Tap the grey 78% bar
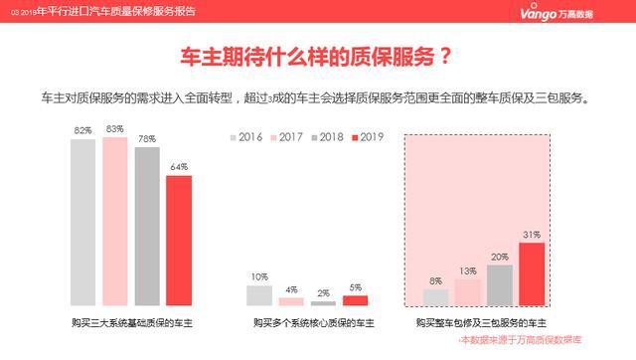pos(147,226)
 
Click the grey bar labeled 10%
pos(259,295)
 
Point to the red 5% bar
pos(355,300)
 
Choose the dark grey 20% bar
pos(500,284)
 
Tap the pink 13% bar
pos(468,291)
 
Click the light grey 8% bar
pos(436,296)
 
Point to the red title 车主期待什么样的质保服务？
pos(318,56)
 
